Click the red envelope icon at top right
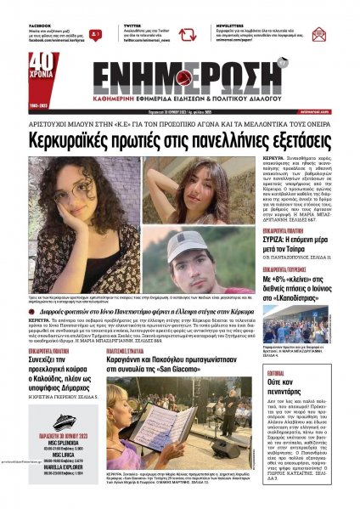pyautogui.click(x=341, y=35)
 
